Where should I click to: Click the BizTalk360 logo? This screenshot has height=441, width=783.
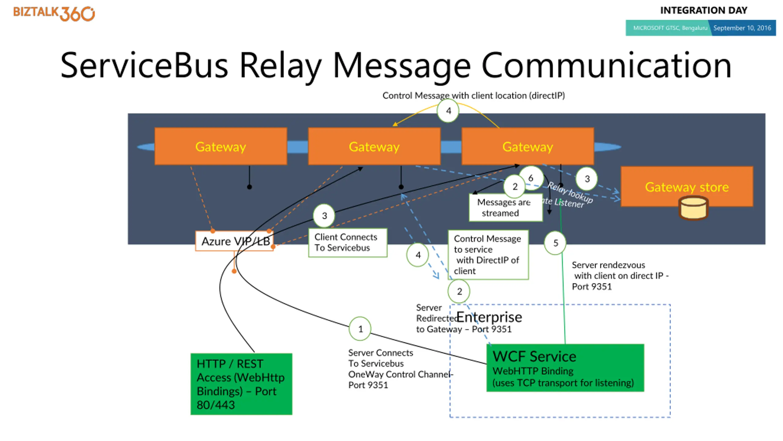[54, 13]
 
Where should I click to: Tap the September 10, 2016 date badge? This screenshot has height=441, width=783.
[742, 28]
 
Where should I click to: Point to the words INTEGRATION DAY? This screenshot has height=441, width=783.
[703, 10]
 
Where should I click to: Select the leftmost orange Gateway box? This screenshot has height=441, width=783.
[221, 146]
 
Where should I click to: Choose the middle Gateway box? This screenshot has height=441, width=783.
[374, 146]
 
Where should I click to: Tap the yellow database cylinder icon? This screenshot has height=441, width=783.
[693, 208]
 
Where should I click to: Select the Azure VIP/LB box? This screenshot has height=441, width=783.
[235, 241]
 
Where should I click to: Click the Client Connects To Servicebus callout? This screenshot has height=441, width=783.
[347, 243]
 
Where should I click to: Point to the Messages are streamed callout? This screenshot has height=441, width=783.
[505, 208]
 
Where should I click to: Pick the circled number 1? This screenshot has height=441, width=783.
[360, 329]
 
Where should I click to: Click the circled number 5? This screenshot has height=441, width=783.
[555, 243]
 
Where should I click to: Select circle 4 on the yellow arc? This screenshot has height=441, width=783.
[448, 111]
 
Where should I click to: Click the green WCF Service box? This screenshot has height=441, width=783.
[565, 368]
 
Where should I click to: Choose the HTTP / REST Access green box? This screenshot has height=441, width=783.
[241, 384]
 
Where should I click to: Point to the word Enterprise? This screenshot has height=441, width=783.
[489, 317]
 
